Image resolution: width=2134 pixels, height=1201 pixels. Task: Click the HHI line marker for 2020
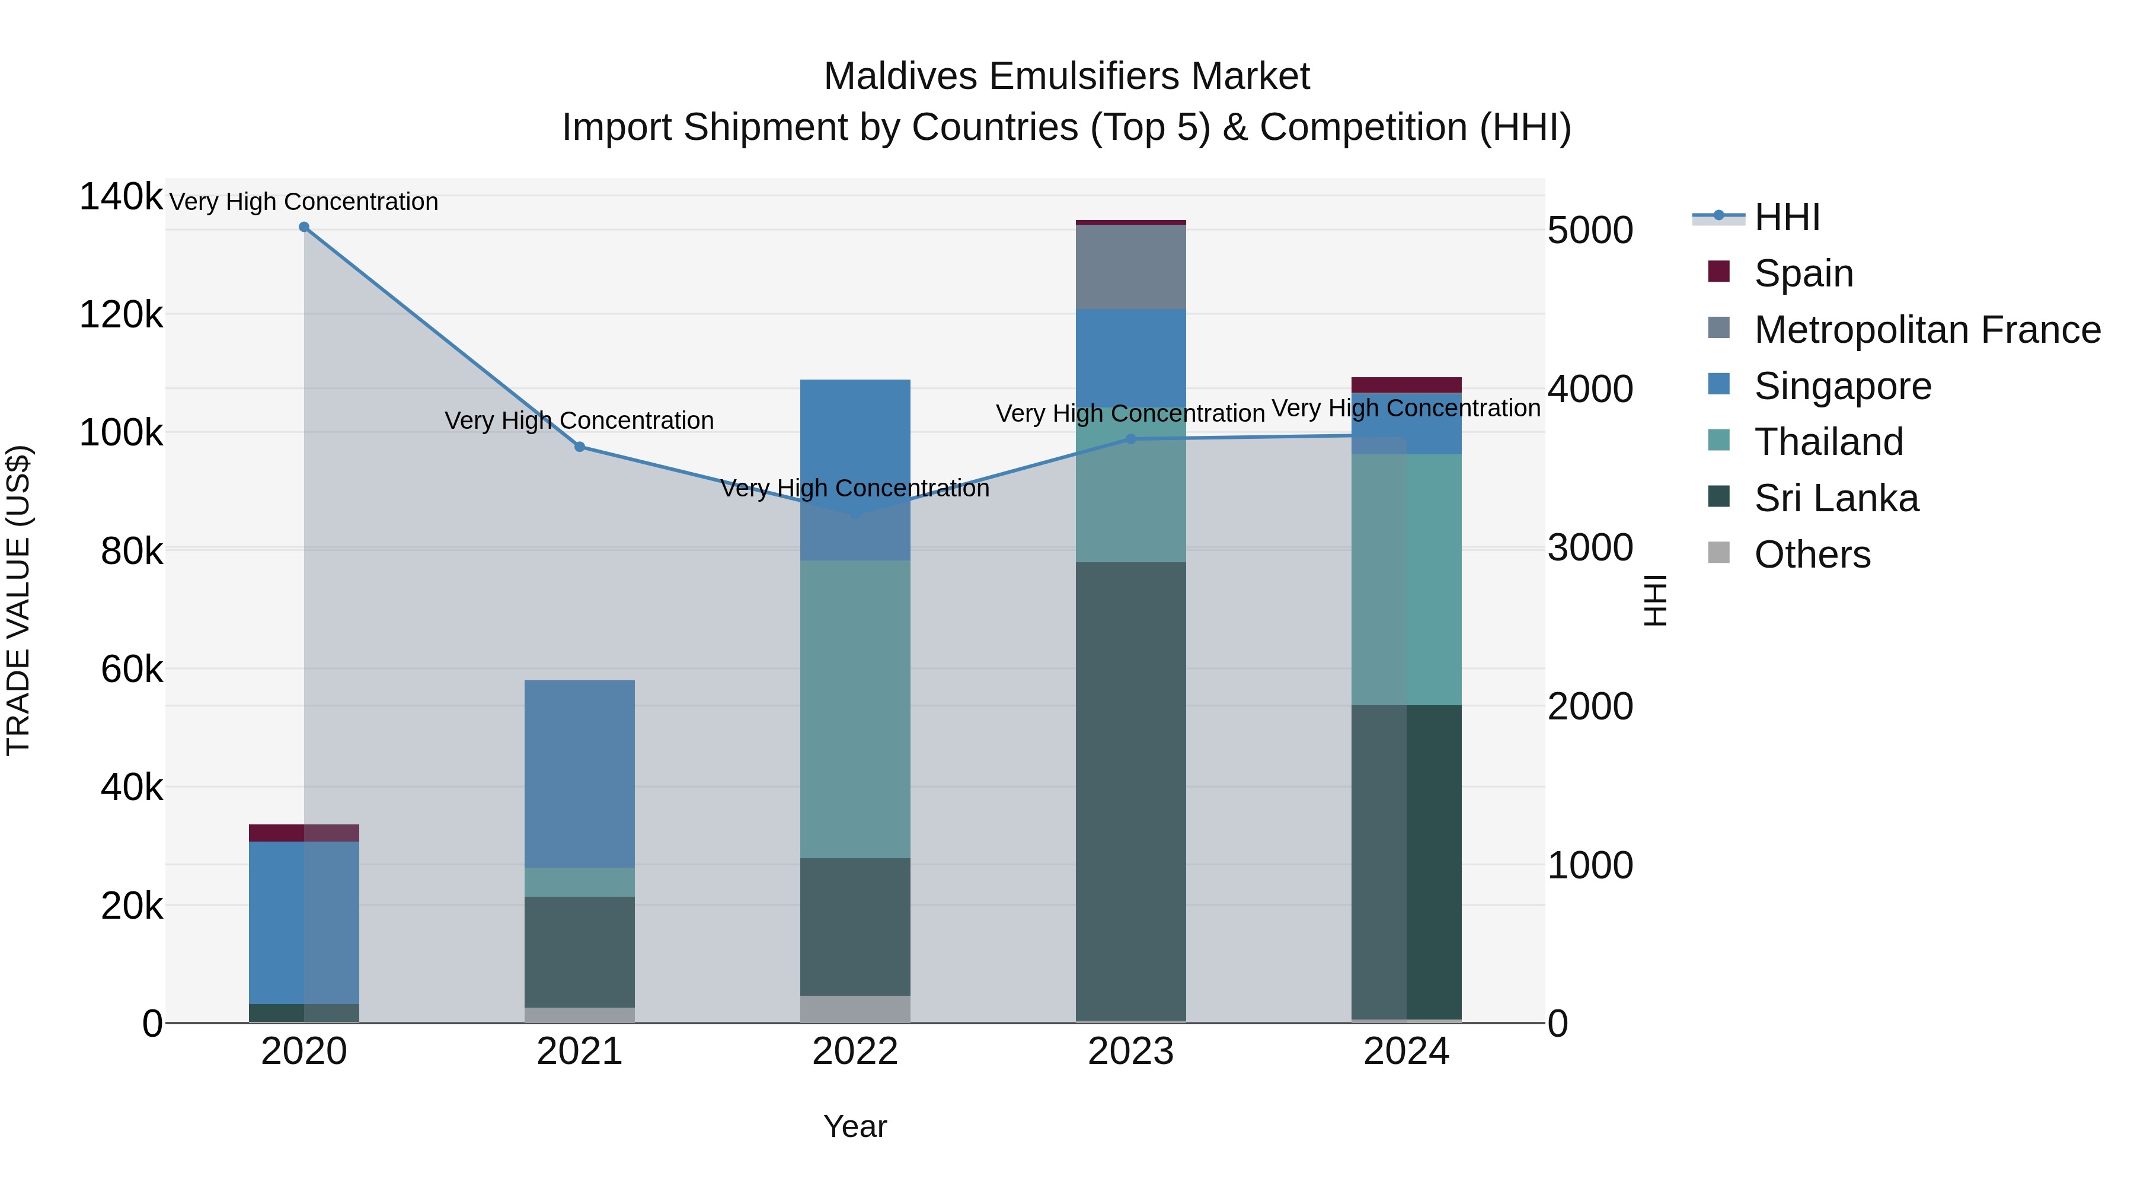point(304,227)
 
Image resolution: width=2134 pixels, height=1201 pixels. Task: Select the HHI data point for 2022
point(855,514)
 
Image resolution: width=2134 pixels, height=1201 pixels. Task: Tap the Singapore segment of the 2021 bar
point(579,773)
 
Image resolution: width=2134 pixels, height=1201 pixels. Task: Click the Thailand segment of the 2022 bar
point(855,709)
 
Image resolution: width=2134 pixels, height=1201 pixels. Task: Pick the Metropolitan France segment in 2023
point(1131,267)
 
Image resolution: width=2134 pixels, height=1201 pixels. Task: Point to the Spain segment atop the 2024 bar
point(1406,384)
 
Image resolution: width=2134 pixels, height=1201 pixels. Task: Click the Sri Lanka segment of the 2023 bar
point(1131,792)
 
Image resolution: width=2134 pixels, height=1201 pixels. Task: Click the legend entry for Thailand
point(1828,442)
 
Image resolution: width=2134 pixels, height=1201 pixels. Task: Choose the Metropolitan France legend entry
point(1927,330)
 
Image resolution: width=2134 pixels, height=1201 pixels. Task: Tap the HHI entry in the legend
point(1786,217)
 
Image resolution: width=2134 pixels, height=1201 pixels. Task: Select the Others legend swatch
point(1719,553)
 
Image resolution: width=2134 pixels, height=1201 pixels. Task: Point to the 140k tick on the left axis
point(121,197)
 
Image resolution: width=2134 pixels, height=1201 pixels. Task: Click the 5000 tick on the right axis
point(1590,231)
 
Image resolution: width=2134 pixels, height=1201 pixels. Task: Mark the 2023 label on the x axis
point(1131,1052)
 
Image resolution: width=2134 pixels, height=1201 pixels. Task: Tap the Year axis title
point(855,1126)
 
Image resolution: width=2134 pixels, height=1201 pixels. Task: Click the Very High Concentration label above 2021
point(579,420)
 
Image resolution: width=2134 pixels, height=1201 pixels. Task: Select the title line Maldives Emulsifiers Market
point(1066,77)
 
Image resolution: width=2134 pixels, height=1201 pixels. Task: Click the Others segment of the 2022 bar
point(855,1009)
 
